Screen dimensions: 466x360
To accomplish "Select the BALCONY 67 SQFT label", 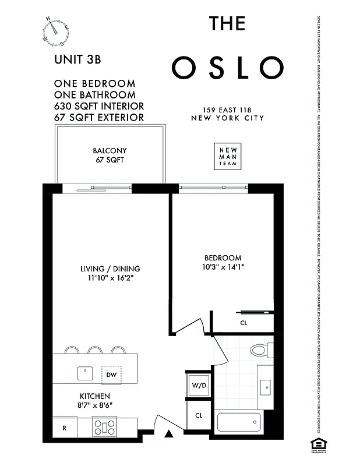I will click(x=110, y=155).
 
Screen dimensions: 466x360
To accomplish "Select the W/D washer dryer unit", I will click(x=198, y=385).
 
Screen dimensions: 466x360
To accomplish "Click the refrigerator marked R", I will click(x=64, y=427).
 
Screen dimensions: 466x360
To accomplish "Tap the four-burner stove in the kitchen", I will click(x=106, y=427).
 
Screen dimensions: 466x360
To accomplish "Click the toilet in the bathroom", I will click(x=259, y=351).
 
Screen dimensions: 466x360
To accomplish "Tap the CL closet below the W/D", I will click(x=198, y=416).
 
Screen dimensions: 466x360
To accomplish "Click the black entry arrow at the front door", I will click(x=169, y=433).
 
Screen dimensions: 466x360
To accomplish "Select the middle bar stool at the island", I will click(x=96, y=350).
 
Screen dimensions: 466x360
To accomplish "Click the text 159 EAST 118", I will click(x=227, y=110).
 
